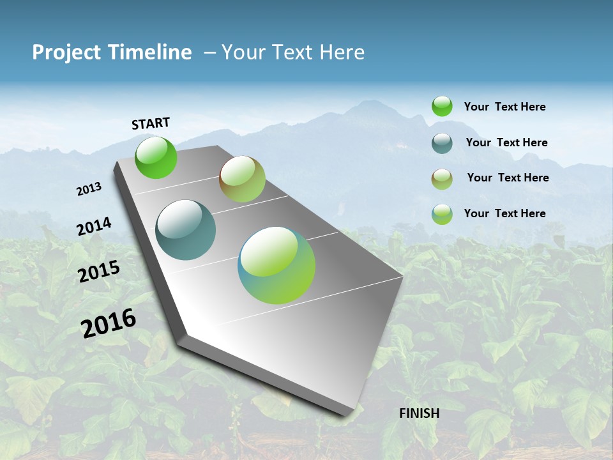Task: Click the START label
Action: click(x=151, y=123)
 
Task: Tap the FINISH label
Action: click(x=419, y=413)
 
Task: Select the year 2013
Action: click(x=89, y=189)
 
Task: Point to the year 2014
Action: click(x=94, y=227)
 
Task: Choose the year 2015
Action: click(x=98, y=272)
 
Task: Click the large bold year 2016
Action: click(x=109, y=323)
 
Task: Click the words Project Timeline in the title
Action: click(x=112, y=52)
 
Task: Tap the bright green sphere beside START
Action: click(x=156, y=157)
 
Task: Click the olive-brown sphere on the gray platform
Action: click(x=242, y=179)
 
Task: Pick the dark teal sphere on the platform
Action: click(x=185, y=230)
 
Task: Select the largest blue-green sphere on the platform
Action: click(x=276, y=265)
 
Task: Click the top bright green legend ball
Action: click(x=442, y=106)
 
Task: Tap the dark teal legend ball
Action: click(x=442, y=143)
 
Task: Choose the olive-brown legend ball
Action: click(x=442, y=179)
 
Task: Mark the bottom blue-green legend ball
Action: click(x=442, y=214)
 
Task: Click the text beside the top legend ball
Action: click(x=504, y=107)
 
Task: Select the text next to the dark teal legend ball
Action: click(x=506, y=142)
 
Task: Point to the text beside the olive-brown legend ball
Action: click(x=508, y=178)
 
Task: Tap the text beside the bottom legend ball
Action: click(x=504, y=213)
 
